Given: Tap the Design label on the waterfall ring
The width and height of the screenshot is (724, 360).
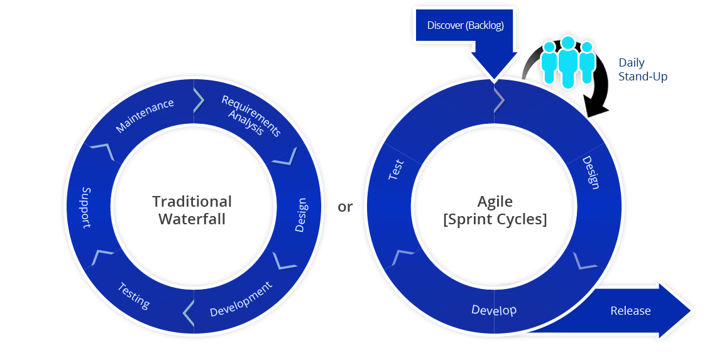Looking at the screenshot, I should (x=301, y=215).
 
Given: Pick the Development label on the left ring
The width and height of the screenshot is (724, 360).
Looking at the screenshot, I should (x=241, y=299).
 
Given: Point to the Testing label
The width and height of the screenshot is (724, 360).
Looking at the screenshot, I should (x=134, y=295).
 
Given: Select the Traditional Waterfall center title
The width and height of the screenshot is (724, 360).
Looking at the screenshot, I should (x=192, y=210).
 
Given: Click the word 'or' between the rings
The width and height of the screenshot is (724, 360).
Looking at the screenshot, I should (x=345, y=207).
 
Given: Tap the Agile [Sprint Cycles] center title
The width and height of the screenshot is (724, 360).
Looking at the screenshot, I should (x=495, y=210).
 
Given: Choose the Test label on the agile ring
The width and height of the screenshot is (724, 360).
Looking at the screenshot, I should (x=396, y=170).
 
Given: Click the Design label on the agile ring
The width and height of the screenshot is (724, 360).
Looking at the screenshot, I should (x=591, y=172).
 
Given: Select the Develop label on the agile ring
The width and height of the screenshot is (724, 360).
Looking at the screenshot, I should (x=494, y=310).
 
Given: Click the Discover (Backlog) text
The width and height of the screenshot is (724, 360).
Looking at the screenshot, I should (x=465, y=26).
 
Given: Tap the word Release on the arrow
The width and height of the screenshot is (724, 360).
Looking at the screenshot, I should (x=630, y=311).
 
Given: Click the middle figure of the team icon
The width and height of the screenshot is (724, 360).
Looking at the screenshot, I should (x=568, y=60).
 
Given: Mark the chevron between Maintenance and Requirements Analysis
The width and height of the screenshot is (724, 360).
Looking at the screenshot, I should (x=199, y=99).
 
